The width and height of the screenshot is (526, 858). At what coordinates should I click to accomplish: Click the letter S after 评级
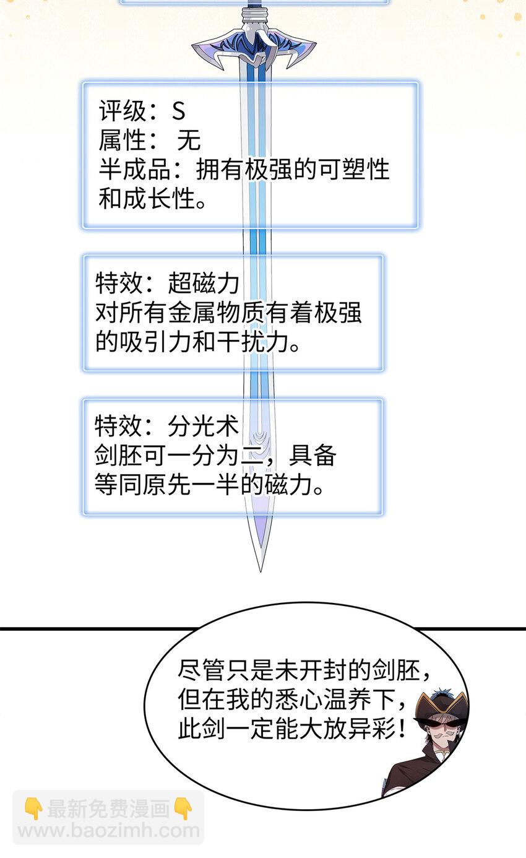[178, 111]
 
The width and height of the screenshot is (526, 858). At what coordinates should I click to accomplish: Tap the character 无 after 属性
[189, 140]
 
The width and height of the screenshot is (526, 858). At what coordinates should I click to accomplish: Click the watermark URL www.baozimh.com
[109, 830]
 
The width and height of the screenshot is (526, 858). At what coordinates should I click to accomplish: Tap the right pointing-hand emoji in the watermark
[183, 808]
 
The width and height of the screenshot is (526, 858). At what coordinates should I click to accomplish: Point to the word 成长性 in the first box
[160, 199]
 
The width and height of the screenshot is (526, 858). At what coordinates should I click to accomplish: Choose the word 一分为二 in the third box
[209, 456]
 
